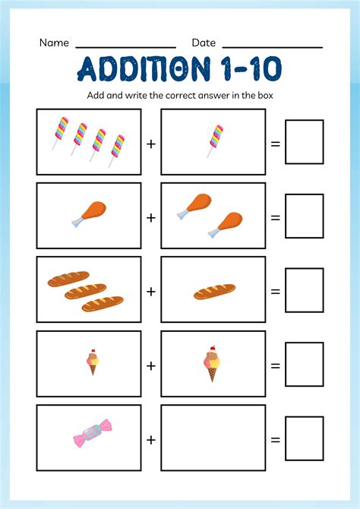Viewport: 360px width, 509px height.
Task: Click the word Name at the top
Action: pos(54,43)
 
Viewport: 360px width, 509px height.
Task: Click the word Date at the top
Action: pos(204,43)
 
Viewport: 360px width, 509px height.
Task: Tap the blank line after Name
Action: pos(125,47)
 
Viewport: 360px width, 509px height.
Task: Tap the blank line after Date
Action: pos(272,47)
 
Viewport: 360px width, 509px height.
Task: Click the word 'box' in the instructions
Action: pos(264,95)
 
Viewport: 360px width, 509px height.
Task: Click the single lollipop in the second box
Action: pos(215,141)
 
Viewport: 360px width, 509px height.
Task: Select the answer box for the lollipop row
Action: pos(304,142)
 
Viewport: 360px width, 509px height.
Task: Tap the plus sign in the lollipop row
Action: pos(151,143)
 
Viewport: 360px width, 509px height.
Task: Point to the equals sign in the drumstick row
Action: pos(275,217)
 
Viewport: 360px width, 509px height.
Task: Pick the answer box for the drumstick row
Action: pos(304,216)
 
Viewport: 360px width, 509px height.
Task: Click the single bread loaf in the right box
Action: pos(214,291)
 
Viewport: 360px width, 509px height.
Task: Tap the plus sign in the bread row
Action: pos(151,291)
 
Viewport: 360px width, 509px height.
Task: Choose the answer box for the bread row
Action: pos(304,290)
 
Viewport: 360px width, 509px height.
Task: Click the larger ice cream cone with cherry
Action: pos(211,363)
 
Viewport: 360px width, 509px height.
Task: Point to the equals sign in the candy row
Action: pos(275,439)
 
